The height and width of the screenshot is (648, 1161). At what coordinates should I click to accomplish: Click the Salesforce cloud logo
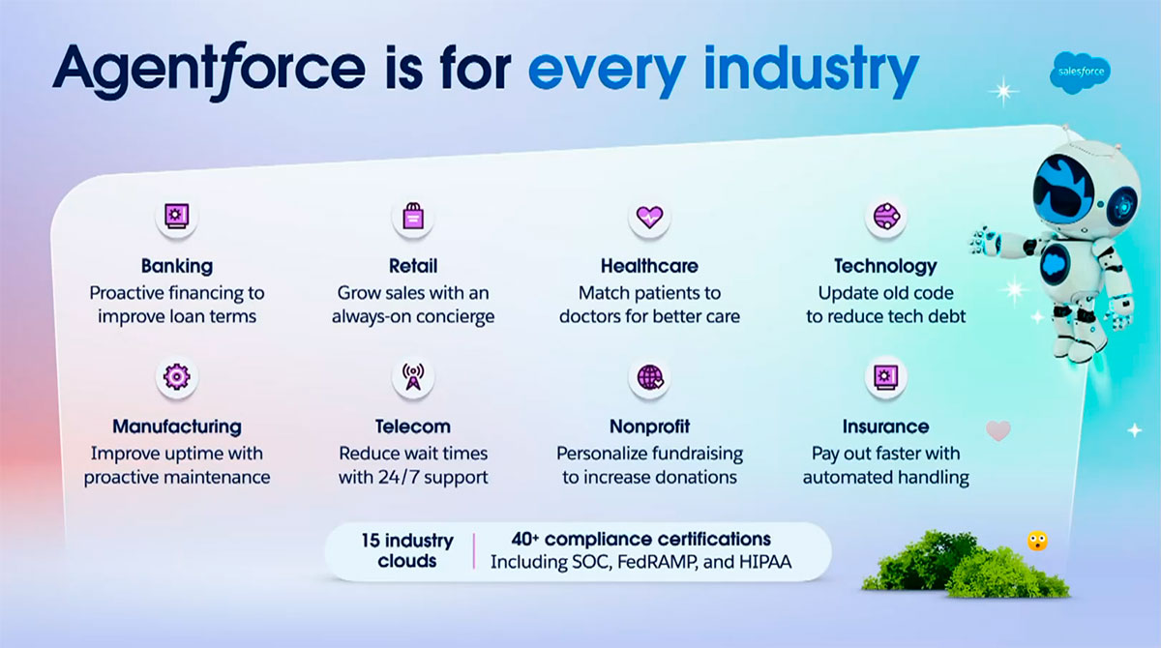tap(1081, 73)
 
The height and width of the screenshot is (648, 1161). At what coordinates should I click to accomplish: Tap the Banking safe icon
tap(177, 216)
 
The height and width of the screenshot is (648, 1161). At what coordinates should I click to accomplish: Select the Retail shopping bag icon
tap(413, 216)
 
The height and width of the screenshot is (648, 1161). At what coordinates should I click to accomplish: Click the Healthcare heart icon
tap(649, 217)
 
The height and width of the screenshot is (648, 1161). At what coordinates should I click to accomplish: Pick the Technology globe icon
tap(886, 216)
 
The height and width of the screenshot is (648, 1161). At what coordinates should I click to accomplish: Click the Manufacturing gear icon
tap(177, 376)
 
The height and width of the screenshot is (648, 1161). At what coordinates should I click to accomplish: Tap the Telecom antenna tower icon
tap(413, 376)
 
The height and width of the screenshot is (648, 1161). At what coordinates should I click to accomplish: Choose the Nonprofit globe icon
tap(650, 377)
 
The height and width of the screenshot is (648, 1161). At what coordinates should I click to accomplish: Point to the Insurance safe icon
tap(886, 376)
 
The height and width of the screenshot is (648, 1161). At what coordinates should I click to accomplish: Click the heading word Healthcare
tap(649, 266)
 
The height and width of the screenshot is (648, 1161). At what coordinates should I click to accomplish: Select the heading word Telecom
tap(413, 427)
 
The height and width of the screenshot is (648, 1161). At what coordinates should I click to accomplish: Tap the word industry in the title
tap(812, 71)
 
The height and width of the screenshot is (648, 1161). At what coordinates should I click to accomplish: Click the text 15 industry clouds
tap(407, 550)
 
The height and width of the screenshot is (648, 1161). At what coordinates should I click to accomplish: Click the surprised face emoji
tap(1037, 542)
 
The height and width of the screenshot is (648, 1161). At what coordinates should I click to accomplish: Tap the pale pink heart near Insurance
tap(998, 431)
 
